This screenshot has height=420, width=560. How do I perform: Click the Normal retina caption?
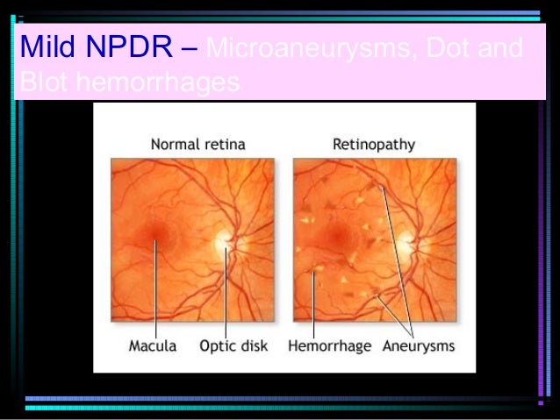(x=197, y=142)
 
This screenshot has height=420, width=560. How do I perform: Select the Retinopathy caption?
(x=374, y=142)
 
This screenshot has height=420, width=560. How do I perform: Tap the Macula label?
(x=153, y=345)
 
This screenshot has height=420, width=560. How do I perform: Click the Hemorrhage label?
(x=330, y=345)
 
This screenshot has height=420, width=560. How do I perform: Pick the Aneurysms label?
(x=419, y=345)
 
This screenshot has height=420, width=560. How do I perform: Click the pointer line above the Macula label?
(x=155, y=289)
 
